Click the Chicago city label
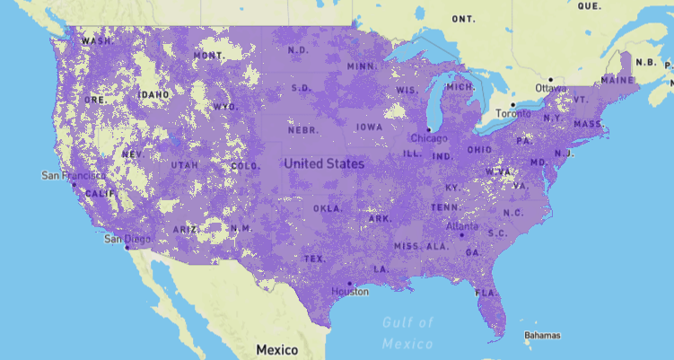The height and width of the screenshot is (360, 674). [428, 138]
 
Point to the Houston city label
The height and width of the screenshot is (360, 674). [350, 291]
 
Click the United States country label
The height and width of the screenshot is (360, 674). [325, 164]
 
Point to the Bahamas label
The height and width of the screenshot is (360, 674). [543, 335]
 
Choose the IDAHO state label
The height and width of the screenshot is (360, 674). [153, 94]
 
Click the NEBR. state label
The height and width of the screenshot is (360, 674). [302, 130]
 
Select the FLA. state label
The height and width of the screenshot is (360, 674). [486, 293]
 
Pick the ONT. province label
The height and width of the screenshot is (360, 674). [464, 19]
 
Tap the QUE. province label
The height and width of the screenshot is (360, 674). [590, 5]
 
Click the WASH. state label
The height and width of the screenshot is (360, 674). [96, 41]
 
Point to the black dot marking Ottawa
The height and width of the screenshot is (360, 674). [551, 79]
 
